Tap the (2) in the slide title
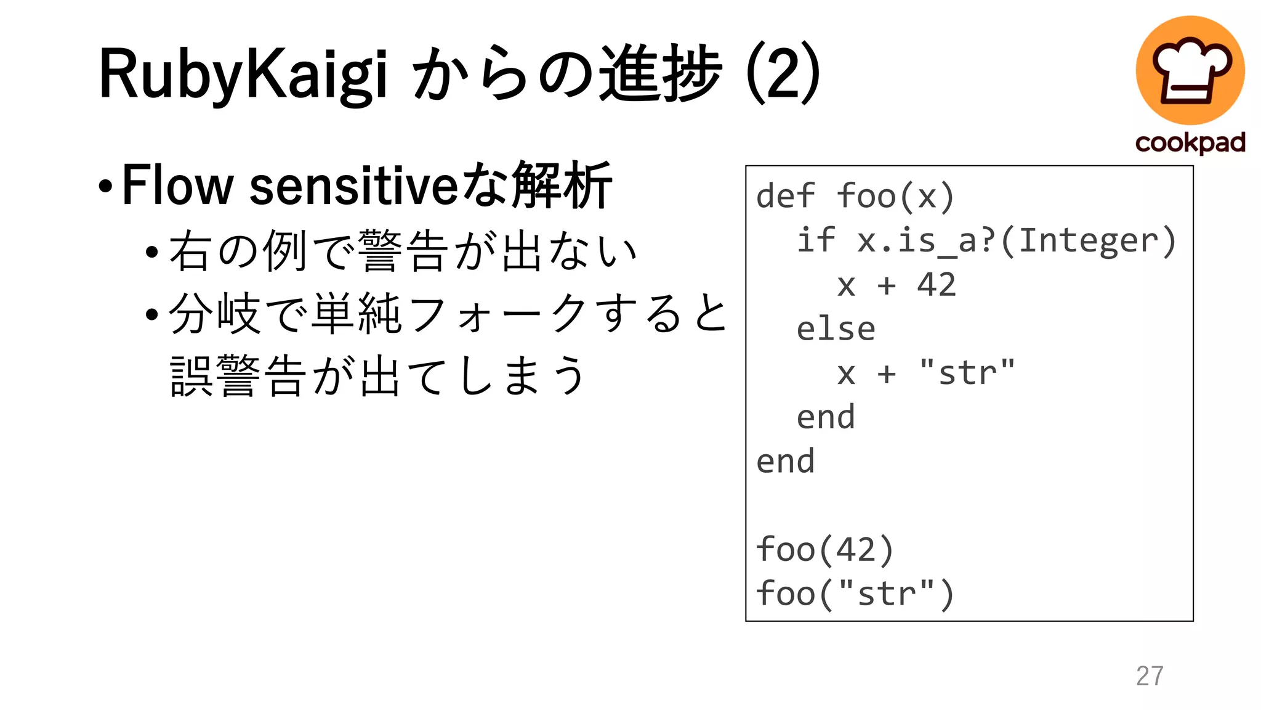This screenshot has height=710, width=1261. pos(783,74)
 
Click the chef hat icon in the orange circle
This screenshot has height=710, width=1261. pos(1190,70)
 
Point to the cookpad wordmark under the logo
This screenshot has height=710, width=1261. pos(1190,143)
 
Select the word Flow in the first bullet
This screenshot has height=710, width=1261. pos(177,185)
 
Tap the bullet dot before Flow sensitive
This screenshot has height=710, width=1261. pos(105,186)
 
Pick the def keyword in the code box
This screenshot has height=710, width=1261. pos(785,197)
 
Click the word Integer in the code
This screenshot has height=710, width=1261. pos(1089,240)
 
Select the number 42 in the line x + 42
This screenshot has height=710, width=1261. pos(937,285)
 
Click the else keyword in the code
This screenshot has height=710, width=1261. pos(836,329)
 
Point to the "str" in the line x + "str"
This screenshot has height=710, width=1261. pos(967,373)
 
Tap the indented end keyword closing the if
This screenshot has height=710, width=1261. pos(826,417)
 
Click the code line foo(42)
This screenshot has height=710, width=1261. pos(824,549)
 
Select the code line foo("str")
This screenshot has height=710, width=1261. pos(855,594)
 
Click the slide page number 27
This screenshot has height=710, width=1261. pos(1150,676)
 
